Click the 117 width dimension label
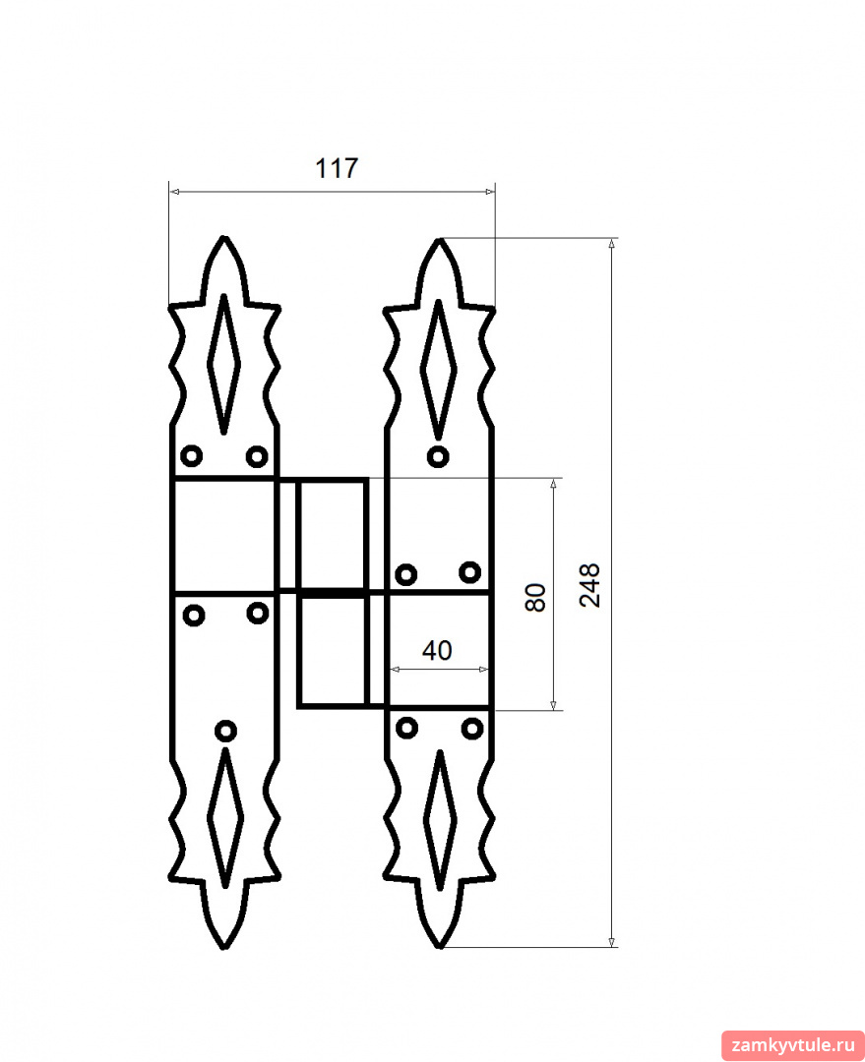tap(337, 168)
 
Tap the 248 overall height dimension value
tap(589, 585)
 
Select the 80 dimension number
tap(535, 598)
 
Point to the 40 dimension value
tap(437, 650)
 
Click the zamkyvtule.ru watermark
tap(793, 1045)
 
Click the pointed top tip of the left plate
tap(224, 237)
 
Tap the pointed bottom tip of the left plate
tap(223, 948)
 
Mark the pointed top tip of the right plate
tap(439, 240)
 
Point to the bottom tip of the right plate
tap(439, 946)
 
